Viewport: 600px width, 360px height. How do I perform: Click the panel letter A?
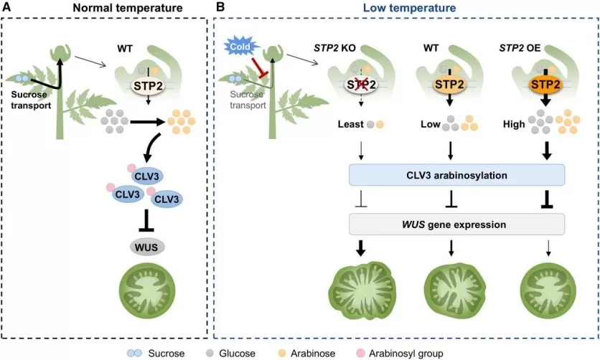pos(9,9)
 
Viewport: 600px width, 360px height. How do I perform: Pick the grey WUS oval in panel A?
pos(147,247)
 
